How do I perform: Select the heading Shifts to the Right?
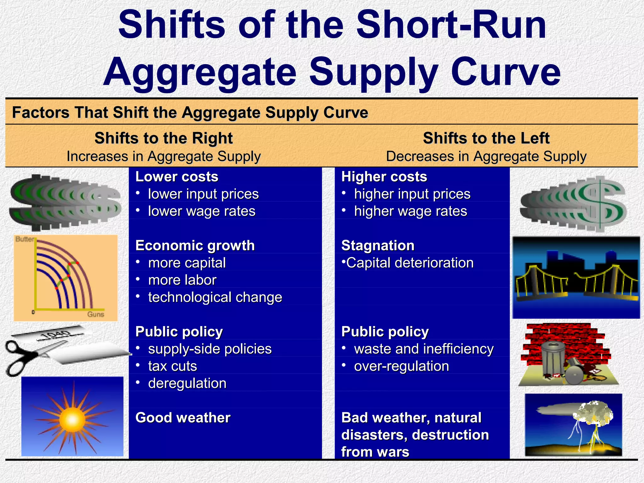tap(164, 138)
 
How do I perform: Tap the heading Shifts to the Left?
tap(486, 138)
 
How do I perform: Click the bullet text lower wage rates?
tap(202, 211)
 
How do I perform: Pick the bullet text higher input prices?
tap(412, 194)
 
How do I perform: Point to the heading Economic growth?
tap(195, 246)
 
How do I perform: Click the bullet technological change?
tap(215, 297)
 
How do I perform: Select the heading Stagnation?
tap(378, 246)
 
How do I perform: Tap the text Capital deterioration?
tap(409, 263)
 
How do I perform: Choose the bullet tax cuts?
tap(172, 366)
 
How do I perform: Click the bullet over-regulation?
tap(401, 366)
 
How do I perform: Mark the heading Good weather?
tap(183, 418)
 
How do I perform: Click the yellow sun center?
tap(72, 419)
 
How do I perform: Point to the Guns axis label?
tap(96, 314)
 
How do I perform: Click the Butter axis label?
tap(25, 239)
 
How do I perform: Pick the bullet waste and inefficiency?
tap(424, 349)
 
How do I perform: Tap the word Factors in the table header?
tap(40, 113)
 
